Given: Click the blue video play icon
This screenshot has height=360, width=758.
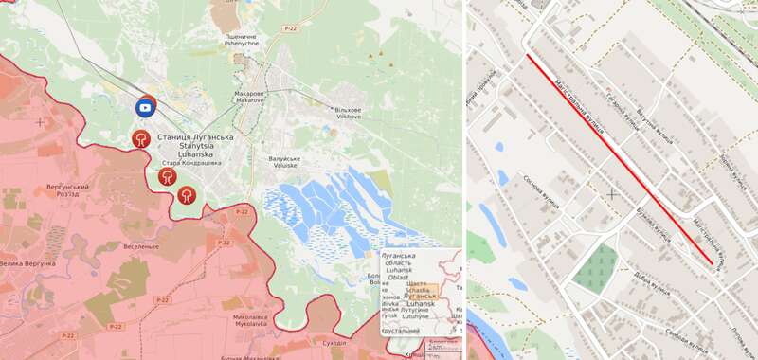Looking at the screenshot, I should pos(145,108).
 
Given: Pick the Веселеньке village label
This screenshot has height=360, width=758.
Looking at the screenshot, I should pos(140,246).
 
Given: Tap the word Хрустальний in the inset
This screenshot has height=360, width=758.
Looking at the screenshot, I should pos(401,331).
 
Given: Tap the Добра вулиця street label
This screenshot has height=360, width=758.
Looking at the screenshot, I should pos(652,280).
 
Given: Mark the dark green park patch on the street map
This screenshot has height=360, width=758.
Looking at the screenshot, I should pos(597,268).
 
